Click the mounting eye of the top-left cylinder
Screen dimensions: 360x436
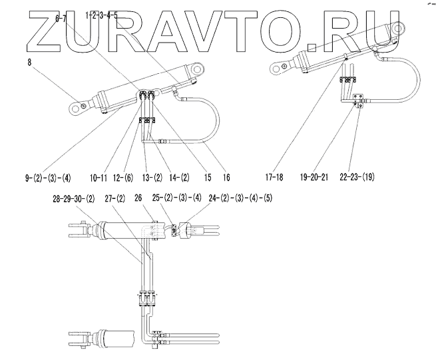pos(81,104)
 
